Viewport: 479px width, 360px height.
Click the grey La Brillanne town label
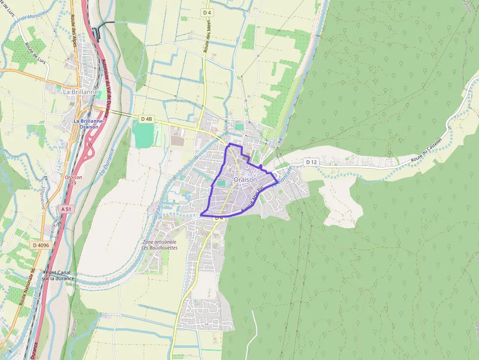(81, 91)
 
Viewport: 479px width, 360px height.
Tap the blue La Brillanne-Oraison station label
(89, 124)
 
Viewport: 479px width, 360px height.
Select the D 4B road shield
(147, 119)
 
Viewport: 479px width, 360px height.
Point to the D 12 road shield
(311, 162)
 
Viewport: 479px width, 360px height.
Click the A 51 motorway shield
(66, 209)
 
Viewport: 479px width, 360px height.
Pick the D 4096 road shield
(41, 245)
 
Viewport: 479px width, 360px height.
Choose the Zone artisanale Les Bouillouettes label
(159, 245)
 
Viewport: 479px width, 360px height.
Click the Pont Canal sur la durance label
(59, 275)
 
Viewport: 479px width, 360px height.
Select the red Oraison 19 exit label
(73, 180)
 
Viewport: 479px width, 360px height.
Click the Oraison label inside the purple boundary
(245, 180)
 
